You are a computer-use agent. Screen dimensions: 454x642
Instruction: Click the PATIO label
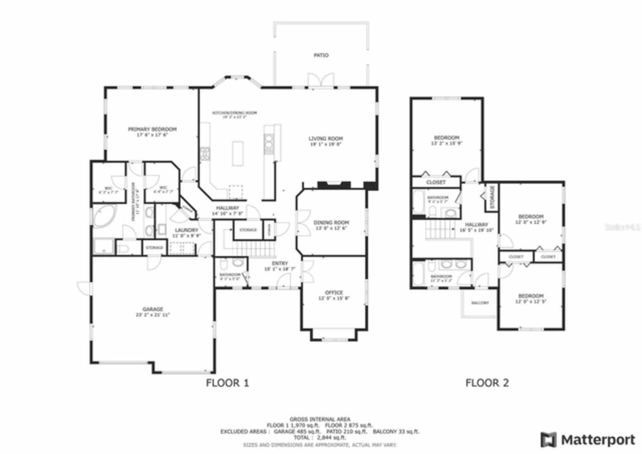click(321, 55)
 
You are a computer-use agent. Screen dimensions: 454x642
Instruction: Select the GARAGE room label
click(152, 309)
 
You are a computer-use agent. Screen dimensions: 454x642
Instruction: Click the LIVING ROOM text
click(325, 139)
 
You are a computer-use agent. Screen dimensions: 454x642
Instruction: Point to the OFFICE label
click(334, 293)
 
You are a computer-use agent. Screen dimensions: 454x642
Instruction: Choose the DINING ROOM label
click(331, 222)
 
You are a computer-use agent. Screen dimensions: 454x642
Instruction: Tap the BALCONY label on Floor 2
click(480, 303)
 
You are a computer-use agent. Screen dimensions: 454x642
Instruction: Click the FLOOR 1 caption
click(227, 383)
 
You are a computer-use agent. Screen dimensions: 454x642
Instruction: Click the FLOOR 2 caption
click(487, 383)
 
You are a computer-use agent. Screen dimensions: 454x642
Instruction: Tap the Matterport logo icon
click(548, 440)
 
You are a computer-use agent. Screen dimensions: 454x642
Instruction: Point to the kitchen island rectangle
click(238, 153)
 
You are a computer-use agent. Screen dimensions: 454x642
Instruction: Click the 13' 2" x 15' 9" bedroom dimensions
click(446, 143)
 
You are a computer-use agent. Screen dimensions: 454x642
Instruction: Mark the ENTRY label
click(280, 263)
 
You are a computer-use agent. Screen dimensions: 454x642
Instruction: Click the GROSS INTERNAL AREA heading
click(319, 419)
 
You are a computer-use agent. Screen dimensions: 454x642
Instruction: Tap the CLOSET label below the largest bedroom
click(435, 182)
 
